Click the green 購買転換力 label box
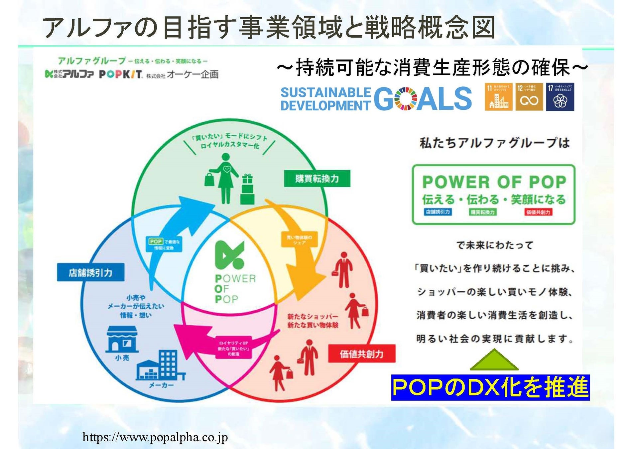coord(316,179)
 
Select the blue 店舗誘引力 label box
coord(90,272)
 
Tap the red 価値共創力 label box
coord(361,354)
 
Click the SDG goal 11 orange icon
coord(498,97)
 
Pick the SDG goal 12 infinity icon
coord(529,97)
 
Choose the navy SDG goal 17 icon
coord(560,97)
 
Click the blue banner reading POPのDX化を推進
coord(490,387)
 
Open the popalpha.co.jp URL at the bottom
coord(155,437)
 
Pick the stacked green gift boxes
coord(247,190)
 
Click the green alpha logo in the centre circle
coord(229,255)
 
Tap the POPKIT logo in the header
coord(121,74)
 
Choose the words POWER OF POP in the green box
coord(494,182)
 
